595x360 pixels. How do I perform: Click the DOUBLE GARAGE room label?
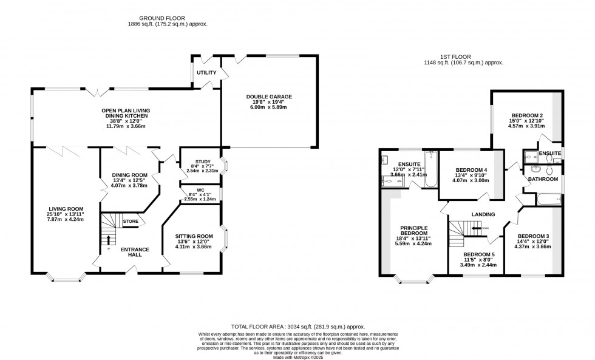[x=269, y=97]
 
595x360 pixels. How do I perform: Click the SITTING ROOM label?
[x=194, y=236]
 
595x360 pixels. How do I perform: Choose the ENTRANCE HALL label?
[x=131, y=253]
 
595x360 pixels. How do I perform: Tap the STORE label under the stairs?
[x=131, y=222]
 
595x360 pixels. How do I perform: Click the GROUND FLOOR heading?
[x=157, y=18]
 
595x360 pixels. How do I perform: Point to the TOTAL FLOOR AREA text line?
[x=297, y=326]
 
